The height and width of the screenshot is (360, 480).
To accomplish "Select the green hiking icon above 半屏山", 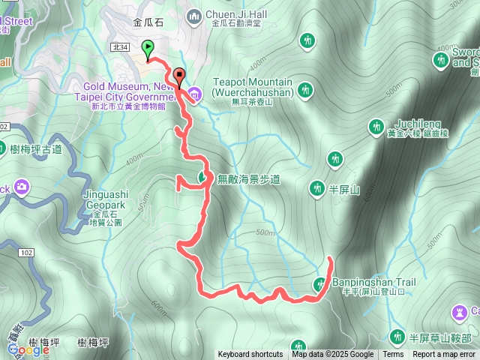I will (334, 158).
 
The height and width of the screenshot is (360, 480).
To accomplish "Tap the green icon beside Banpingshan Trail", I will (320, 283).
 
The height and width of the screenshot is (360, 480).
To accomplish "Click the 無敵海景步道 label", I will (248, 179).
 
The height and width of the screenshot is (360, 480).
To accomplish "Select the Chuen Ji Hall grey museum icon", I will (194, 15).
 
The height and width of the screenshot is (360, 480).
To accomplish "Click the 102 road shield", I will (27, 253).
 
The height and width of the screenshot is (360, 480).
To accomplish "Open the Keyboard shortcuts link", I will (250, 355).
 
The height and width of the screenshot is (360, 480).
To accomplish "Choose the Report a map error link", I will (444, 355).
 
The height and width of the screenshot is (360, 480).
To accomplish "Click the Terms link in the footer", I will (393, 355).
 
